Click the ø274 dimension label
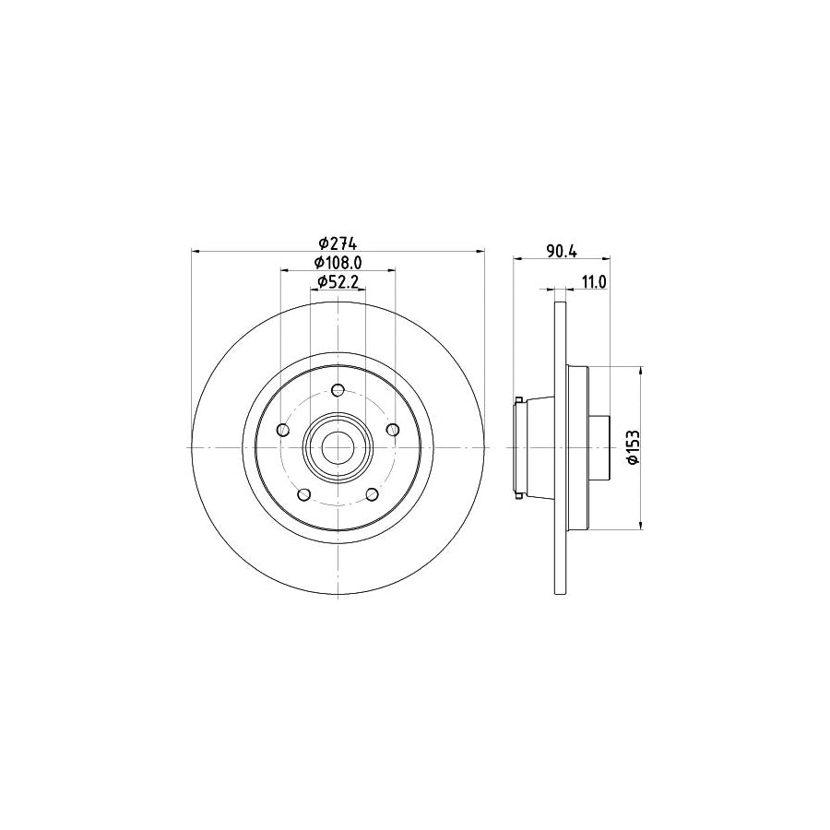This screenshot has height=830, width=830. (337, 243)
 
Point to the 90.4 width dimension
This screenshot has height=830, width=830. (561, 250)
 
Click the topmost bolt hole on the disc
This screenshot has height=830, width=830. (338, 388)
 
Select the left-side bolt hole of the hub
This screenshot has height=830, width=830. (282, 429)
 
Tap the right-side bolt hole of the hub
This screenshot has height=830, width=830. (393, 429)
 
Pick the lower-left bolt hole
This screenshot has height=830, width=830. (303, 494)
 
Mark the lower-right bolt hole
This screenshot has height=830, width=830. (372, 494)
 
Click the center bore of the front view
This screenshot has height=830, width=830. (338, 447)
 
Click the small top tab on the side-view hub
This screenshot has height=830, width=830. (521, 399)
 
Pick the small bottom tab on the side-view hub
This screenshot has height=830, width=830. (521, 496)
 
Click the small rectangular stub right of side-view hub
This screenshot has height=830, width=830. (599, 447)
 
